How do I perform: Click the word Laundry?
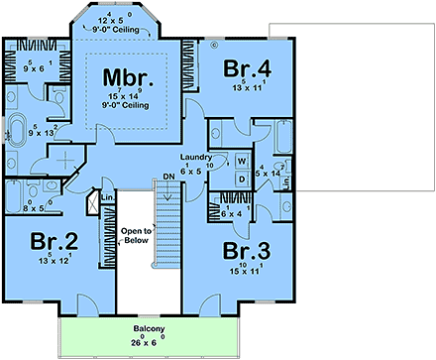pyautogui.click(x=194, y=158)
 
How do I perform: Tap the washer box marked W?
pyautogui.click(x=242, y=160)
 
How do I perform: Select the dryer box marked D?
pyautogui.click(x=242, y=179)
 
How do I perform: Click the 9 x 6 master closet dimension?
pyautogui.click(x=33, y=67)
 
